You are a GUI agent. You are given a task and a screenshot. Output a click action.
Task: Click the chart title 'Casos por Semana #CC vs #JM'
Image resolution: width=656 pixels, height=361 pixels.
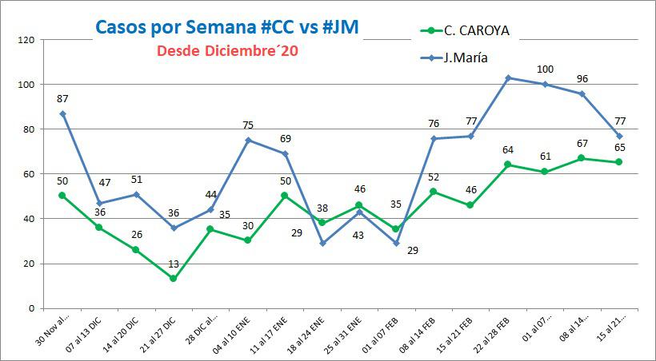click(226, 26)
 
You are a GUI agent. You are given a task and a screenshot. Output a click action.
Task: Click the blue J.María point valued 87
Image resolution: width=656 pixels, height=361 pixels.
click(62, 113)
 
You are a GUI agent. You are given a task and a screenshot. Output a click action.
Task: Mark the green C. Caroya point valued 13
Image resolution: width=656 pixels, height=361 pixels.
click(173, 279)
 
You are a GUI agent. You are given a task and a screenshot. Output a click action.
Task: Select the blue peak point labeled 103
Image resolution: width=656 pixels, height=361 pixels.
click(509, 77)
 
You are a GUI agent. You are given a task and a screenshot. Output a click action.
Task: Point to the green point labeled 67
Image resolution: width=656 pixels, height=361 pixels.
click(582, 158)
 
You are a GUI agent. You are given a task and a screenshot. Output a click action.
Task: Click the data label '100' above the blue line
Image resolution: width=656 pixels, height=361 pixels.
click(546, 69)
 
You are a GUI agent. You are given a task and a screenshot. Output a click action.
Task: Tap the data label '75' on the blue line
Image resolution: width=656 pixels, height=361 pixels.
click(249, 125)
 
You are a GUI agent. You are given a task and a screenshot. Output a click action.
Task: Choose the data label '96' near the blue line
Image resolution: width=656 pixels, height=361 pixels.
click(582, 78)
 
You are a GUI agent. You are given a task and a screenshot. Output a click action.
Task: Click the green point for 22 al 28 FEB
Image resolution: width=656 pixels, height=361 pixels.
click(509, 165)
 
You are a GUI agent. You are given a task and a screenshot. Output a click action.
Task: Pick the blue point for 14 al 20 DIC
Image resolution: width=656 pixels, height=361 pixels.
click(136, 194)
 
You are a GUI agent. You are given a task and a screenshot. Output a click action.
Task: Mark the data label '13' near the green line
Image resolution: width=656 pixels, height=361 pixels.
click(174, 264)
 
